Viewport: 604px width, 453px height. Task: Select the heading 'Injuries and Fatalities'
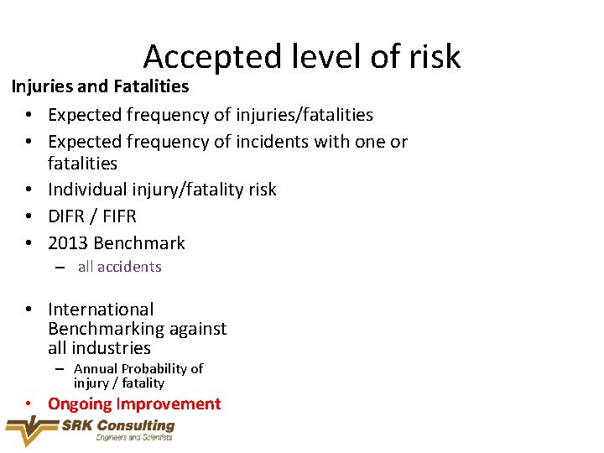[x=100, y=86]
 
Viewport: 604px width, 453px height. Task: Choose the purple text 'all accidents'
[x=119, y=267]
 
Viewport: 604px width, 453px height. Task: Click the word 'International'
[x=101, y=310]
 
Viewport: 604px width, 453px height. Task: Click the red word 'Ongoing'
[x=80, y=404]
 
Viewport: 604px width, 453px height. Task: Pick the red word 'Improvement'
[x=169, y=404]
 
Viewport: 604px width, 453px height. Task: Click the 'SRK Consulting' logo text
[x=118, y=425]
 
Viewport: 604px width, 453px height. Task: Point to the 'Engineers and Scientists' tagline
[x=134, y=437]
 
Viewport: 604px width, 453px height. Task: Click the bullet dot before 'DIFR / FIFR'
[x=29, y=216]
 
